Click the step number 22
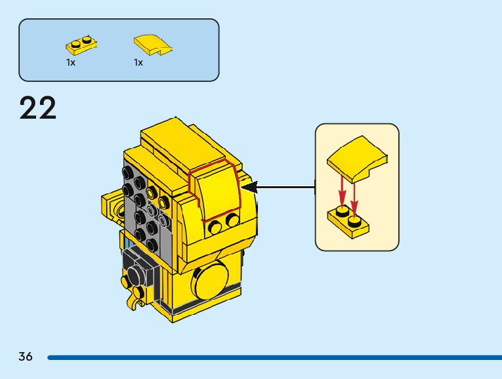click(38, 108)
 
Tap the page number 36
click(26, 357)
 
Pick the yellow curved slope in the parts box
click(154, 45)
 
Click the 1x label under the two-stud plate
click(71, 62)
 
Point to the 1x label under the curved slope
click(138, 62)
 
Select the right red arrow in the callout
click(355, 193)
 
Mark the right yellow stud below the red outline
click(232, 220)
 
